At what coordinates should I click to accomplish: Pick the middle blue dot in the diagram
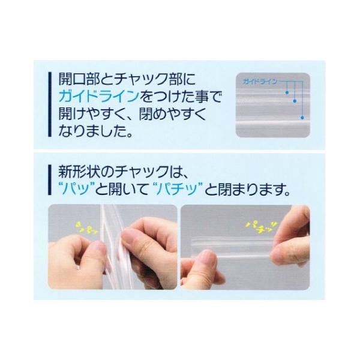coord(295,103)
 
